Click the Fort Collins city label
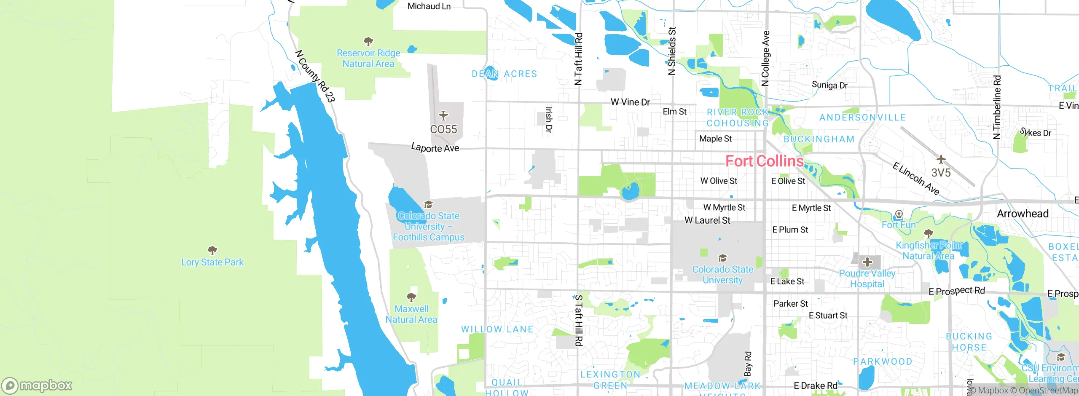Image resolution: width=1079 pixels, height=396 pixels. [x=764, y=161]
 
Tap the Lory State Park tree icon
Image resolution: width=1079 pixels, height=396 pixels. [x=212, y=251]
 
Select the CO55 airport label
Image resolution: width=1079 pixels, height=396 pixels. [x=443, y=129]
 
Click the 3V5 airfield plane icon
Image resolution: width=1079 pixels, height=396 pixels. [x=941, y=159]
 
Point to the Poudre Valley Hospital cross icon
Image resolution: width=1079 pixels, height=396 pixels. [x=867, y=262]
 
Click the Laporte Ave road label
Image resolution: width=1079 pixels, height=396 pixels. [x=435, y=148]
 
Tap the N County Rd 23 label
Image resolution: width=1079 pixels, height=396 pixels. [x=315, y=76]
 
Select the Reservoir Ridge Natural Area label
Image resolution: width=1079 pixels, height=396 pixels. [x=368, y=59]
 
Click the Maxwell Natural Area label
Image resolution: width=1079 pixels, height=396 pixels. [x=411, y=314]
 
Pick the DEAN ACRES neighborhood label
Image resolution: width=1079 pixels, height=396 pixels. [x=504, y=74]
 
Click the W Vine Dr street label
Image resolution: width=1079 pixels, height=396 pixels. [x=630, y=102]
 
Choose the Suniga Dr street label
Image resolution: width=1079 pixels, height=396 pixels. [x=829, y=85]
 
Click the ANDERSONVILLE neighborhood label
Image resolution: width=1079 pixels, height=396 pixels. [x=862, y=118]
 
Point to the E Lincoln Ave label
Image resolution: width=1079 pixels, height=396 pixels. [x=916, y=179]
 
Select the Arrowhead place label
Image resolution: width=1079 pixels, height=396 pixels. [x=1023, y=214]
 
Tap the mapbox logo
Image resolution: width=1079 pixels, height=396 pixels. [x=37, y=385]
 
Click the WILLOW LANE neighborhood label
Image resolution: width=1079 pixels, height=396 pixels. [x=497, y=329]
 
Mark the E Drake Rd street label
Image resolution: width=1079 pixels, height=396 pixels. [x=815, y=386]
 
